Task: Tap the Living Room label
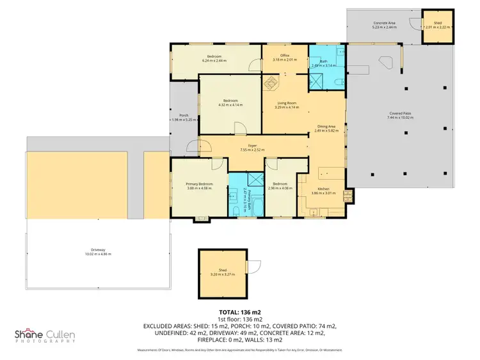click(x=287, y=103)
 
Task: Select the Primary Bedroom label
click(x=199, y=184)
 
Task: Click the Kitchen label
click(x=319, y=189)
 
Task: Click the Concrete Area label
click(x=384, y=24)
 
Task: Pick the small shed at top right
click(x=438, y=26)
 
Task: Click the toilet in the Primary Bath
click(x=236, y=209)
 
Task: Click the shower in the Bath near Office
click(x=317, y=81)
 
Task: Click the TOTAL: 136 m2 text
click(x=239, y=311)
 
